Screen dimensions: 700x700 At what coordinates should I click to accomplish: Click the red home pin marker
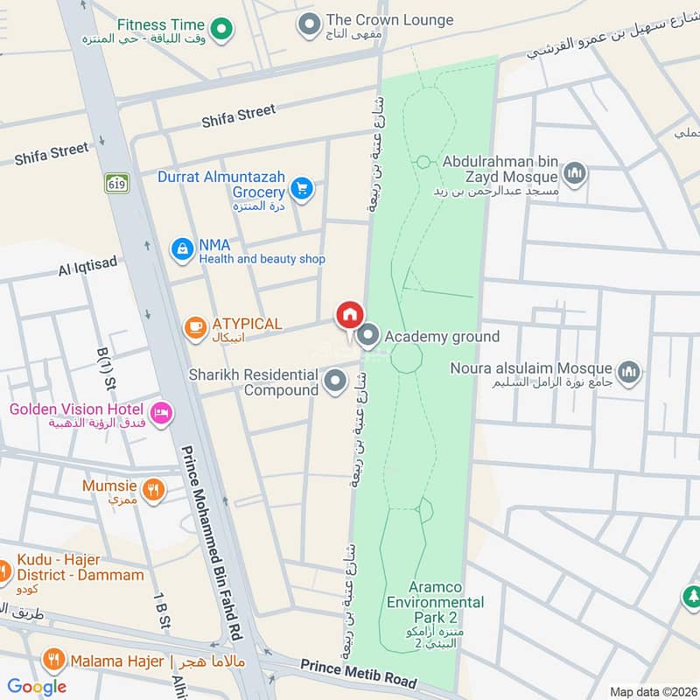point(349,314)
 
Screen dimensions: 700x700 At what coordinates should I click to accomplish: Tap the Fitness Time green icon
point(222,31)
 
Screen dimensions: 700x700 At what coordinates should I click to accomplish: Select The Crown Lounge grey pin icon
point(308,25)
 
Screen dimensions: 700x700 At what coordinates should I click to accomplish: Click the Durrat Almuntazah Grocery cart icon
point(302,188)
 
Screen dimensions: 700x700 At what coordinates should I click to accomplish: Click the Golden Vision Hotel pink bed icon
point(160,412)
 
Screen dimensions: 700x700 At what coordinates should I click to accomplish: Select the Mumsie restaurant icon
point(153,491)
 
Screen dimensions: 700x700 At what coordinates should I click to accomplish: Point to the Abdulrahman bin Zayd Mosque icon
point(575,173)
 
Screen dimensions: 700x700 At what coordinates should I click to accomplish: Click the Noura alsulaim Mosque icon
point(628,374)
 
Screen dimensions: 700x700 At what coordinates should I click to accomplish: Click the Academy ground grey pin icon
point(368,336)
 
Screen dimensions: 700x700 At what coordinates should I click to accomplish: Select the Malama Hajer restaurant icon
point(54,661)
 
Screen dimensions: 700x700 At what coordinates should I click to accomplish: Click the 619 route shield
point(115,184)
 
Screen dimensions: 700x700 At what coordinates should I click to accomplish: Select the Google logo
point(38,686)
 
